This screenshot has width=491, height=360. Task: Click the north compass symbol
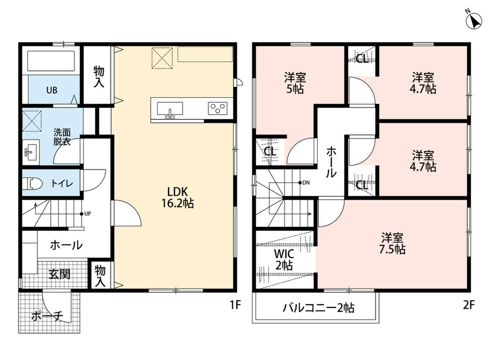[473, 21]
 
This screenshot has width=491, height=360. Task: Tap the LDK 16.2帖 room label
[178, 197]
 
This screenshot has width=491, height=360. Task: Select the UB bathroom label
[52, 90]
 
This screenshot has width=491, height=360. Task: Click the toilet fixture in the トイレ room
[33, 183]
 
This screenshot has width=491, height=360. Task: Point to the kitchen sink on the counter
[170, 109]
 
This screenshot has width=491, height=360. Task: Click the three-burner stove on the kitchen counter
[218, 108]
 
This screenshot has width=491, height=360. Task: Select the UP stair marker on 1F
[86, 214]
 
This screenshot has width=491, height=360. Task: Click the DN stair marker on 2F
[304, 183]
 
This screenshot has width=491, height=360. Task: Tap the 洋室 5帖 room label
[295, 83]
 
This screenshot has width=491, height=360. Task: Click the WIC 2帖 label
[284, 260]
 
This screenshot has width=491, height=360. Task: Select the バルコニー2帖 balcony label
[319, 308]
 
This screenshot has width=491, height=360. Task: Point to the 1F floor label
[235, 305]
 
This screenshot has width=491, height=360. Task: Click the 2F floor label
[469, 305]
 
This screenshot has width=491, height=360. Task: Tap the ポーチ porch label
[47, 316]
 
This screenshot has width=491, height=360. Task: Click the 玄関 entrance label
[59, 274]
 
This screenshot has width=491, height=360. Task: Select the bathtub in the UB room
[51, 61]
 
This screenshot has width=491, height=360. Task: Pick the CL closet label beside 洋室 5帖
[270, 152]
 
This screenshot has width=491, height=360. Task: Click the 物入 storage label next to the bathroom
[99, 77]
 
